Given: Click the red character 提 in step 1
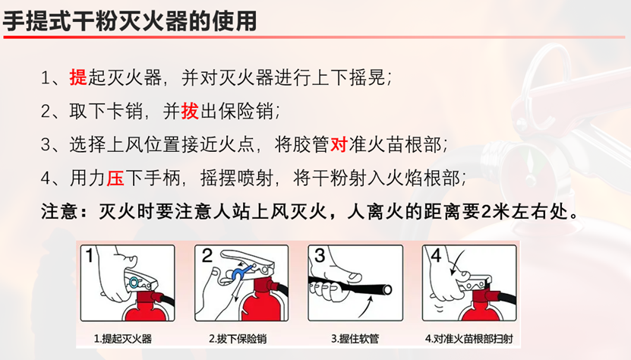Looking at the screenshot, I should pyautogui.click(x=78, y=78).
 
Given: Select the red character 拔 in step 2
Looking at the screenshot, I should pyautogui.click(x=189, y=111).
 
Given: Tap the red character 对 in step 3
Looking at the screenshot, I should pyautogui.click(x=342, y=144).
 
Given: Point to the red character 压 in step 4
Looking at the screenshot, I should pyautogui.click(x=115, y=177).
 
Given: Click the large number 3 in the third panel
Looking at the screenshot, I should pyautogui.click(x=320, y=255).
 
